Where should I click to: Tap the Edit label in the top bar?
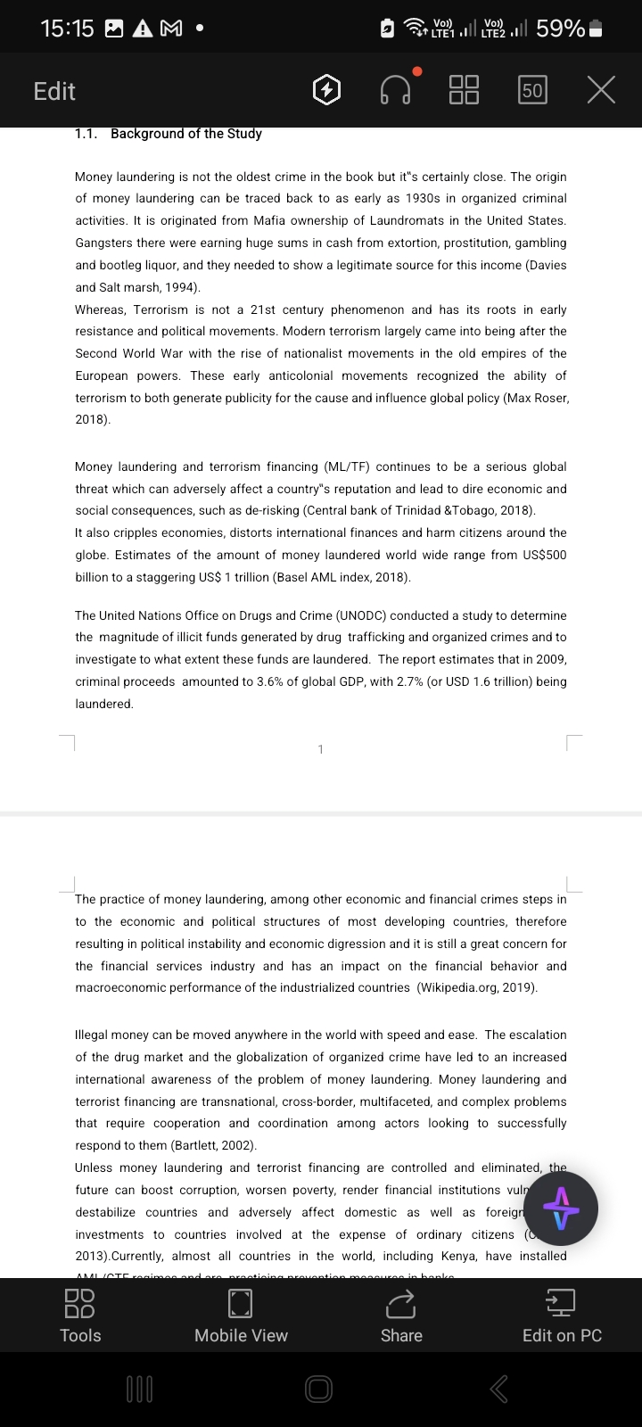click(x=54, y=91)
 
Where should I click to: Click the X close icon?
click(x=602, y=90)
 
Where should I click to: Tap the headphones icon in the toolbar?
click(x=396, y=90)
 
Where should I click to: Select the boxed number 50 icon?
click(x=532, y=90)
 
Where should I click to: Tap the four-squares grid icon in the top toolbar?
click(x=464, y=90)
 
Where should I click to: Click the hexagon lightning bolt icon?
click(x=327, y=90)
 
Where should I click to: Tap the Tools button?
click(x=80, y=1316)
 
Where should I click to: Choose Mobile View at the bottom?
click(x=241, y=1316)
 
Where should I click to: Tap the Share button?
click(x=401, y=1316)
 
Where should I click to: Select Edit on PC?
click(x=562, y=1316)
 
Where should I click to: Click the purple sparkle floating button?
click(x=561, y=1208)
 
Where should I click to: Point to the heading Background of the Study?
click(x=185, y=134)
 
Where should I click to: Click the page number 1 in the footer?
click(x=321, y=749)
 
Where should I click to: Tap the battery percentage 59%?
click(x=561, y=29)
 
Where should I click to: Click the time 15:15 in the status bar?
click(x=67, y=29)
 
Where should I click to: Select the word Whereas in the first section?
click(x=103, y=309)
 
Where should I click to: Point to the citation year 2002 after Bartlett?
click(x=236, y=1145)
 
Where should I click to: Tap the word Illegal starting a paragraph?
click(x=95, y=1035)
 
